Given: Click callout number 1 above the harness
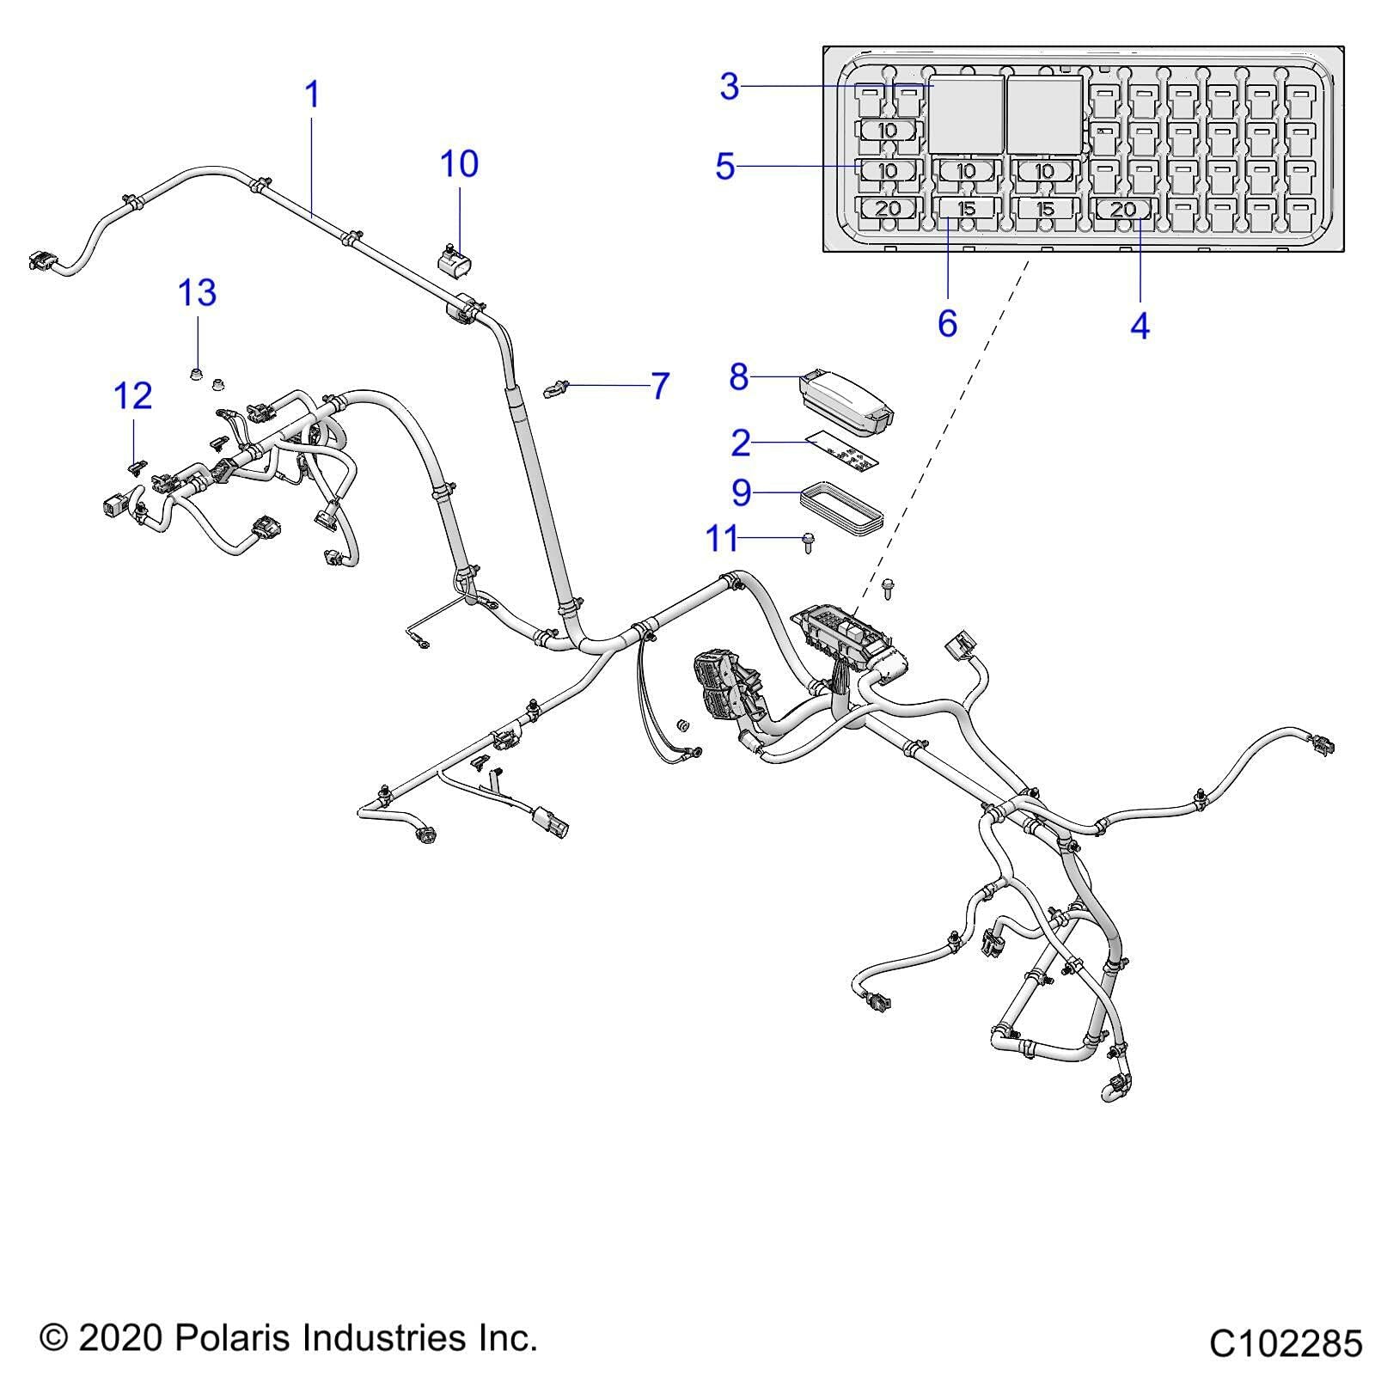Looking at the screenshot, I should [x=313, y=95].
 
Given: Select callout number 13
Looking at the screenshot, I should [x=197, y=293].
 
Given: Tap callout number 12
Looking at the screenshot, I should [x=133, y=396].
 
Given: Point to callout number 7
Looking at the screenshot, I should [x=659, y=386].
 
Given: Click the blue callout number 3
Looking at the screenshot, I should [x=729, y=87].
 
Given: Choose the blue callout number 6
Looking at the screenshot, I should [x=947, y=324].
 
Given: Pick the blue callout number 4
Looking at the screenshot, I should [x=1140, y=326].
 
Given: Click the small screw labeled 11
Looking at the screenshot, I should [x=809, y=541].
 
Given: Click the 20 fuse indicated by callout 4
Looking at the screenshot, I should [x=1123, y=209].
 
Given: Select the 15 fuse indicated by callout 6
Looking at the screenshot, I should [x=967, y=209].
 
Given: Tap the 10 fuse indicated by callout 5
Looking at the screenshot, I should [x=888, y=170].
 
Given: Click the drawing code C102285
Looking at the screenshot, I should [x=1285, y=1343].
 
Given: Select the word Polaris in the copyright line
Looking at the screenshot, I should [x=229, y=1337].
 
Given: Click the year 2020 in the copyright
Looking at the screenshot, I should [x=120, y=1337].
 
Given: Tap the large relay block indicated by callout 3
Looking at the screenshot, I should [x=967, y=114].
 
